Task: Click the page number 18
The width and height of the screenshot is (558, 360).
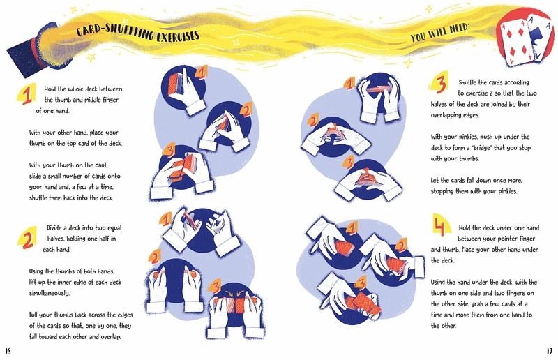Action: point(8,351)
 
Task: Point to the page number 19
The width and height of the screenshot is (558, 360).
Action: point(549,351)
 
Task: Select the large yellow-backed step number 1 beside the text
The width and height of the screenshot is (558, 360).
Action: point(27,94)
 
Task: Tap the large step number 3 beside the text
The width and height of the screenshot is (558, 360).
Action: point(440,84)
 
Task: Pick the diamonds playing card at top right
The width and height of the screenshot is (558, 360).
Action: point(516,41)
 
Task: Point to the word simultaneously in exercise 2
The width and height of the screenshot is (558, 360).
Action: point(50,293)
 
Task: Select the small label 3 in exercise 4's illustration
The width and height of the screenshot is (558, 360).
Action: point(361,283)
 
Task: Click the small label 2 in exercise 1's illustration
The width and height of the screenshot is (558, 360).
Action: point(246,110)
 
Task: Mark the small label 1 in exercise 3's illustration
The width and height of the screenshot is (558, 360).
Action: point(350,84)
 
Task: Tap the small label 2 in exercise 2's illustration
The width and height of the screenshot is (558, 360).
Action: point(155,256)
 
